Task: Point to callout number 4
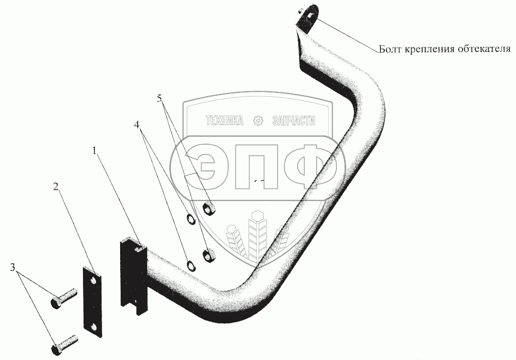point(139,125)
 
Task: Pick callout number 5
point(159,99)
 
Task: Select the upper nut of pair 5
point(208,209)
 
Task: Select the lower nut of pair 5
point(208,254)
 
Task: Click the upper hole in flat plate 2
point(93,280)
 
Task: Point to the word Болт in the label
point(390,50)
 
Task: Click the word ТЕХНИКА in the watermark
point(224,121)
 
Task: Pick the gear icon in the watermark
point(258,121)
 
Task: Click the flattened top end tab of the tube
point(309,17)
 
